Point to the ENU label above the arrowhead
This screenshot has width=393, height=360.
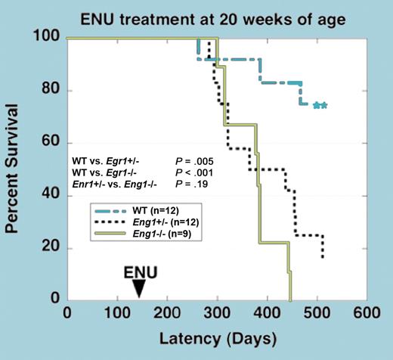pos(138,270)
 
